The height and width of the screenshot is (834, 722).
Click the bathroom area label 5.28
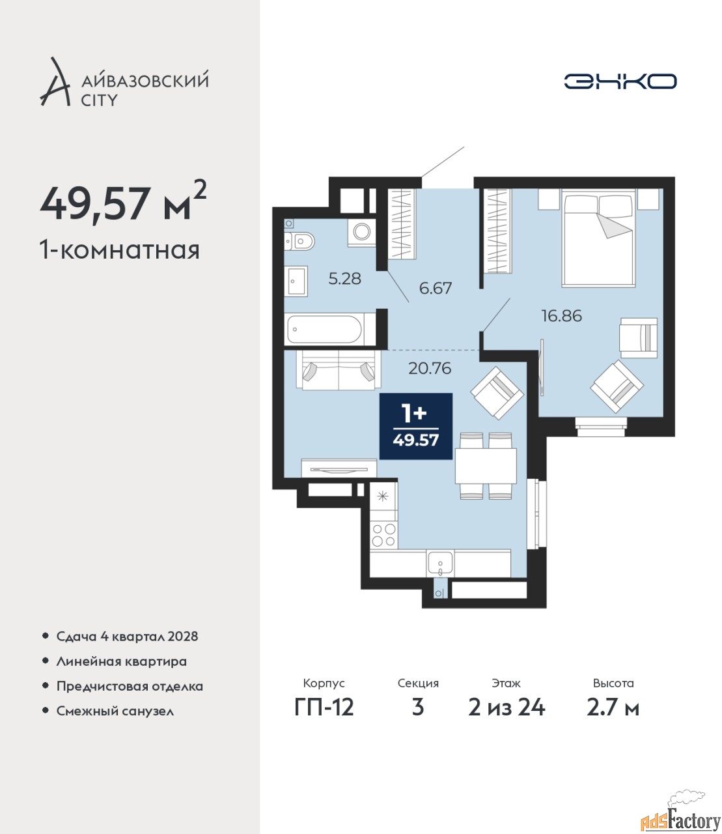(x=344, y=279)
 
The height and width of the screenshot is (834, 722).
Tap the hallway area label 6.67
(x=436, y=289)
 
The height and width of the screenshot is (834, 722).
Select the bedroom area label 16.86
(x=562, y=316)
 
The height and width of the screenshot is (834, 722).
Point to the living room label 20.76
(x=430, y=368)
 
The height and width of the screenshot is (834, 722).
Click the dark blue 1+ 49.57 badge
(x=415, y=426)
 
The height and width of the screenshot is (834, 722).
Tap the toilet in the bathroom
(x=299, y=242)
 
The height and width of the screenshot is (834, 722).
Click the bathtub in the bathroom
(x=325, y=329)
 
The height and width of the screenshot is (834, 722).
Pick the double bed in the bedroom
(x=598, y=239)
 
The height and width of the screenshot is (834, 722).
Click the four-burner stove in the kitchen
(x=383, y=535)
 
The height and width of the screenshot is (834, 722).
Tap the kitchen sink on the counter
(x=440, y=563)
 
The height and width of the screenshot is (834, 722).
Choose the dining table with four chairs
(x=486, y=466)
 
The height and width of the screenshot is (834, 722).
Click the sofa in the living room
(x=339, y=370)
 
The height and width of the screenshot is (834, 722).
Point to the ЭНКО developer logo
(x=620, y=81)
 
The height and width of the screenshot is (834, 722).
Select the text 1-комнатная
(x=120, y=250)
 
